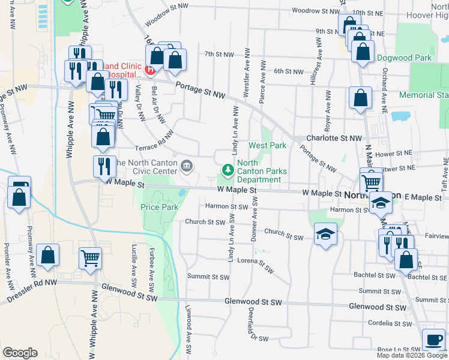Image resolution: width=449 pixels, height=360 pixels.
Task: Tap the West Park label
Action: tap(267, 146)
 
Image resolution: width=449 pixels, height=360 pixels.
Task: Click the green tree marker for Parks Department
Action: tap(228, 170)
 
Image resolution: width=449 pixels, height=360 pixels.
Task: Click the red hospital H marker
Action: tap(151, 69)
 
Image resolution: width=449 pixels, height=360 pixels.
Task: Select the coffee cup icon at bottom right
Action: tap(433, 339)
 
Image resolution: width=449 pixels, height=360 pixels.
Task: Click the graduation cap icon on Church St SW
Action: tap(325, 234)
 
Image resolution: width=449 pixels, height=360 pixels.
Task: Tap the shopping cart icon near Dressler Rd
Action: tap(90, 259)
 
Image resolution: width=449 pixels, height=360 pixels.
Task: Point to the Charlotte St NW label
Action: tap(334, 138)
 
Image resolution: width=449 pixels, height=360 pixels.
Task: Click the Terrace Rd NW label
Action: tap(154, 140)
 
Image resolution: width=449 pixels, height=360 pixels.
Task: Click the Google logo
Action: tap(20, 353)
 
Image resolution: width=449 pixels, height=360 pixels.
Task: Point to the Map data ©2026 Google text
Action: tap(411, 355)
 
